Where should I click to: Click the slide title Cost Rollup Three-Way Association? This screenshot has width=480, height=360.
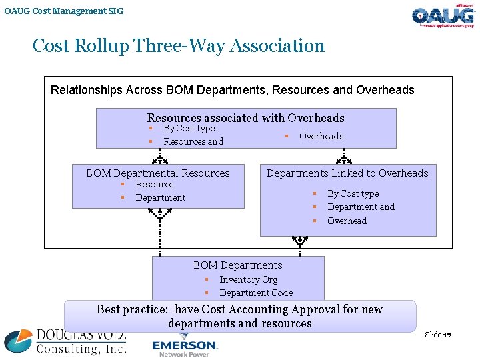coord(178,46)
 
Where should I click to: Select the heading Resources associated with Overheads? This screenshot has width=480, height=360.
coord(245,118)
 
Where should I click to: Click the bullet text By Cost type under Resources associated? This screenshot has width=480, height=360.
coord(189,129)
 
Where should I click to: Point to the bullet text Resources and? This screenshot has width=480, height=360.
coord(193,141)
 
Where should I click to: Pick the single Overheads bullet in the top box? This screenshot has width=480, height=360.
coord(321,136)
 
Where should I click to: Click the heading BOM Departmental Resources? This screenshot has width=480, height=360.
coord(157,173)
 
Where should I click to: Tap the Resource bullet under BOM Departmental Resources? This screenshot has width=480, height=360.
coord(154,185)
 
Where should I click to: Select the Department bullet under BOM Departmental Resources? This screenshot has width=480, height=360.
coord(160,198)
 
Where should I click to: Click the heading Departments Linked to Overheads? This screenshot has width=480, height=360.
coord(347,173)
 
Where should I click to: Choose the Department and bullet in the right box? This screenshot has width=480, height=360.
coord(361,207)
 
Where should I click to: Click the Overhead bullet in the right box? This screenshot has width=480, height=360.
coord(347,221)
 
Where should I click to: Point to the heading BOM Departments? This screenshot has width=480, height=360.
coord(237,265)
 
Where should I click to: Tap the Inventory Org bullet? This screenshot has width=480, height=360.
coord(248,280)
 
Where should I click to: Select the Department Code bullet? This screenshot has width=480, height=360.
coord(256,293)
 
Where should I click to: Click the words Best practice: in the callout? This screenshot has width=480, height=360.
coord(132,309)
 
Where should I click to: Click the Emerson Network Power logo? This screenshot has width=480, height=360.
coord(185,347)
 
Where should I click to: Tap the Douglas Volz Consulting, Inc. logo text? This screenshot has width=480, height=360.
coord(80,341)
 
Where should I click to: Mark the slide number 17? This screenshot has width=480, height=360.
coord(447,335)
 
